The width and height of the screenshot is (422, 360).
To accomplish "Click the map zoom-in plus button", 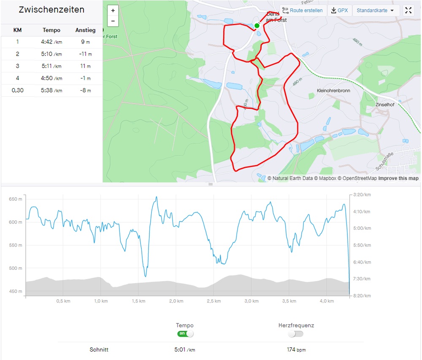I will pos(113,11).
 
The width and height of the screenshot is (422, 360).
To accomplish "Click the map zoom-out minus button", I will pos(113,21).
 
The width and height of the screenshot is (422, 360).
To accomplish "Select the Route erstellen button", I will pos(303,11).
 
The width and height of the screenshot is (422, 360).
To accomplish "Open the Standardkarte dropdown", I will pos(376,11).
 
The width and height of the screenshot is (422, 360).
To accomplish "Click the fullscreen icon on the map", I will pos(408,11).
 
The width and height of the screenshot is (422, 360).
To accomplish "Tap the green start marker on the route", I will pos(257,26).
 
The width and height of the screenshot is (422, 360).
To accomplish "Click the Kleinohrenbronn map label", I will pos(333,91).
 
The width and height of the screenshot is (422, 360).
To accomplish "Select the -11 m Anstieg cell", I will pos(85,54).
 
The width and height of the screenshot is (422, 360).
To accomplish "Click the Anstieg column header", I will pos(85,30).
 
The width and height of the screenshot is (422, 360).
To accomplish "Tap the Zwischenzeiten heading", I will pos(51,10).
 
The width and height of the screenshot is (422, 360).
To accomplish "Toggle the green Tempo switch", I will pos(185,333).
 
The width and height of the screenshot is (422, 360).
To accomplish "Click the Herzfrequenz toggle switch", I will pos(296,334).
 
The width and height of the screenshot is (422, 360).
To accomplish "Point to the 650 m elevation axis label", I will pos(16,199).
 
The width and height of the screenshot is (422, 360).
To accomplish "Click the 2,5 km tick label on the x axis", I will pos(214,301).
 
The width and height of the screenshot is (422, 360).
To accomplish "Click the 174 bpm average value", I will pos(296,350).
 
